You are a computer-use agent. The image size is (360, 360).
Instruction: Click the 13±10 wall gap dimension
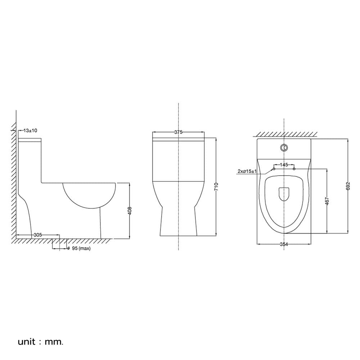point(30,131)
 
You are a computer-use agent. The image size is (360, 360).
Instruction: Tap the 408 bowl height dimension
point(130,211)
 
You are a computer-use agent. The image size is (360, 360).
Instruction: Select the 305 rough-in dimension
point(38,235)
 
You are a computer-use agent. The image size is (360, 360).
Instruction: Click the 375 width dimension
point(178,132)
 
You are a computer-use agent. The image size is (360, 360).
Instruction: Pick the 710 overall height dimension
point(216,187)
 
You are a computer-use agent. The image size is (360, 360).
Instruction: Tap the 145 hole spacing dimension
point(284,165)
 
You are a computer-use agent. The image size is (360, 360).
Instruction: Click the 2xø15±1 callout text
point(247,171)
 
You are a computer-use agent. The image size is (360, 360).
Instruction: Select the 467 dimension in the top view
point(327,201)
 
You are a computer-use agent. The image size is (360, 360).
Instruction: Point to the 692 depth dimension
point(348,186)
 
